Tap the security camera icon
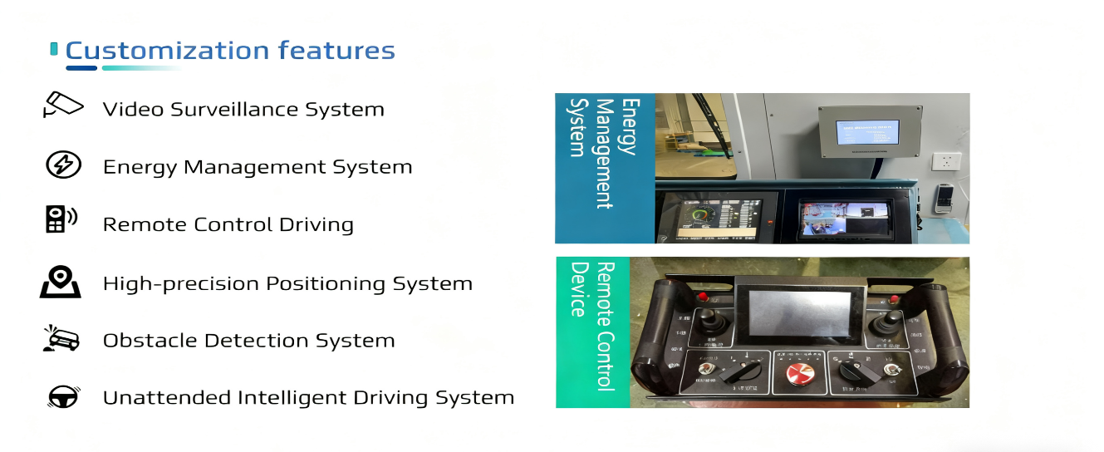tap(63, 106)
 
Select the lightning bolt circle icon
tap(63, 165)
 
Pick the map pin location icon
tap(61, 281)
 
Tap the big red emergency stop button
tap(802, 373)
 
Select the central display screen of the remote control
tap(800, 315)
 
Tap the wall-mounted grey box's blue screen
tap(867, 131)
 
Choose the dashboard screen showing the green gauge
tap(717, 219)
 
